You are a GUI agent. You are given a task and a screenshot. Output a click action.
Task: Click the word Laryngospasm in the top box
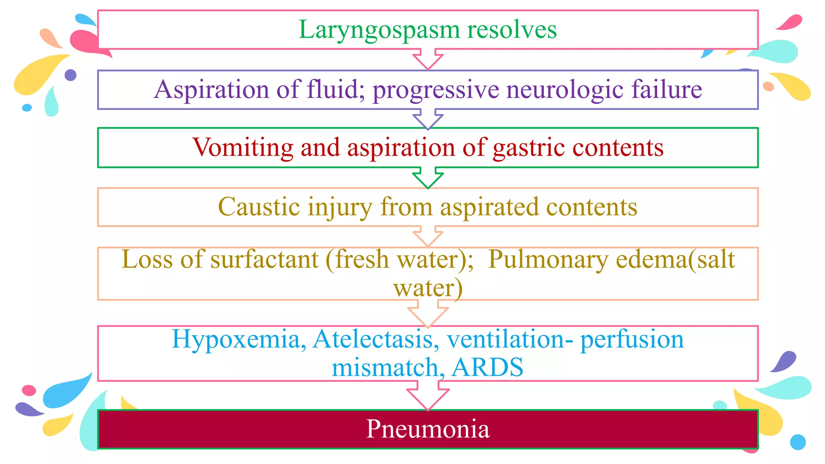point(379,30)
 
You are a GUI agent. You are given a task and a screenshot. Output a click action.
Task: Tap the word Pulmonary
point(548,260)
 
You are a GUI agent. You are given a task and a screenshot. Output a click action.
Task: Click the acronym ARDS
point(487,367)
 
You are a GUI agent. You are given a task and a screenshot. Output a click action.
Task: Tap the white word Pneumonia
point(428,429)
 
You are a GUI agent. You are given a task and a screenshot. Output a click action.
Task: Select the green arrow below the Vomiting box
point(428,178)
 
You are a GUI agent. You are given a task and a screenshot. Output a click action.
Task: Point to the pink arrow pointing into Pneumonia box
point(428,396)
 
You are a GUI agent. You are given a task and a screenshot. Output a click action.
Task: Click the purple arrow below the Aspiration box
point(428,119)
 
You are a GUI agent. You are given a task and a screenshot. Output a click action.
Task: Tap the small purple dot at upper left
point(70,75)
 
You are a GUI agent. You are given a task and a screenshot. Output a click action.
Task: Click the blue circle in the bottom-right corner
point(798,442)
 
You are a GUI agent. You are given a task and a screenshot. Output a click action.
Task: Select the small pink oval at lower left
point(29,390)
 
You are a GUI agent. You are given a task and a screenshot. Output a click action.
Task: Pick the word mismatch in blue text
point(385,367)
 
